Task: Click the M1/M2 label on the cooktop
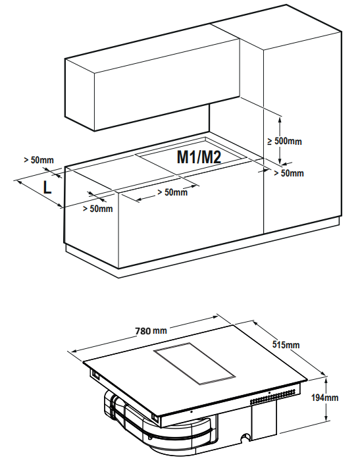click(199, 157)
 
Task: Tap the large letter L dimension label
click(47, 188)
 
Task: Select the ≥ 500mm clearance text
click(284, 141)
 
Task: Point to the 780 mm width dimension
click(151, 331)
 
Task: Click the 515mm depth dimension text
click(286, 344)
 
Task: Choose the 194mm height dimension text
click(324, 398)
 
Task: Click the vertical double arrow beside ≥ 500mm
click(280, 140)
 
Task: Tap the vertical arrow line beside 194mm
click(326, 400)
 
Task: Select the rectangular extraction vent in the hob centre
click(195, 363)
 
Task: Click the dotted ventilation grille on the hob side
click(275, 397)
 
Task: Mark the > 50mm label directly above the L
click(39, 160)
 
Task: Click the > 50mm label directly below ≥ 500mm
click(289, 173)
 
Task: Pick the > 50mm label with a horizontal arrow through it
click(172, 192)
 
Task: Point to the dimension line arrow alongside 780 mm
click(143, 332)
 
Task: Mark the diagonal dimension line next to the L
click(39, 194)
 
